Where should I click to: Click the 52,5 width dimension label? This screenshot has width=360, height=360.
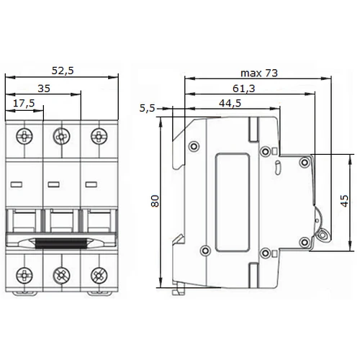click(63, 71)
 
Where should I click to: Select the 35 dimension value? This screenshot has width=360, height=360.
click(44, 89)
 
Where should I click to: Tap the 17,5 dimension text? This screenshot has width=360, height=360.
click(24, 104)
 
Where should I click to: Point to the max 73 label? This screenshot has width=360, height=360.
click(259, 73)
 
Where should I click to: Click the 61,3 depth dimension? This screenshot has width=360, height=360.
click(244, 89)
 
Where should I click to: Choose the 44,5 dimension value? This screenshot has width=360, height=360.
click(230, 103)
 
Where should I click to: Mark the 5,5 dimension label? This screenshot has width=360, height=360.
click(147, 108)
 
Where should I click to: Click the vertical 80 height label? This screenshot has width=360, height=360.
click(156, 201)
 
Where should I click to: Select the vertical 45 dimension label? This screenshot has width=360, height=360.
click(344, 201)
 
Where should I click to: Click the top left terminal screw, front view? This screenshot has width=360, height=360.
click(24, 136)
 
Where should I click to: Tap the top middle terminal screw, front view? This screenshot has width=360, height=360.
click(62, 136)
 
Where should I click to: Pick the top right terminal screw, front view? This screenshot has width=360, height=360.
click(99, 136)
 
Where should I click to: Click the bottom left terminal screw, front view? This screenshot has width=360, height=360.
click(24, 275)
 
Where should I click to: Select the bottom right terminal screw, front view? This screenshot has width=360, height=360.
click(99, 275)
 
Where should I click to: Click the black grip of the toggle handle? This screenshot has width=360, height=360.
click(60, 243)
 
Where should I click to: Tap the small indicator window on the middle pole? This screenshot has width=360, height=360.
click(54, 184)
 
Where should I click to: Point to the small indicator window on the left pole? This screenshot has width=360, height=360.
click(17, 184)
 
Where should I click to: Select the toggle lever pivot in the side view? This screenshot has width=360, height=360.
click(323, 234)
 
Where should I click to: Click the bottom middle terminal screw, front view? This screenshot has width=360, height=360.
click(62, 275)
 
